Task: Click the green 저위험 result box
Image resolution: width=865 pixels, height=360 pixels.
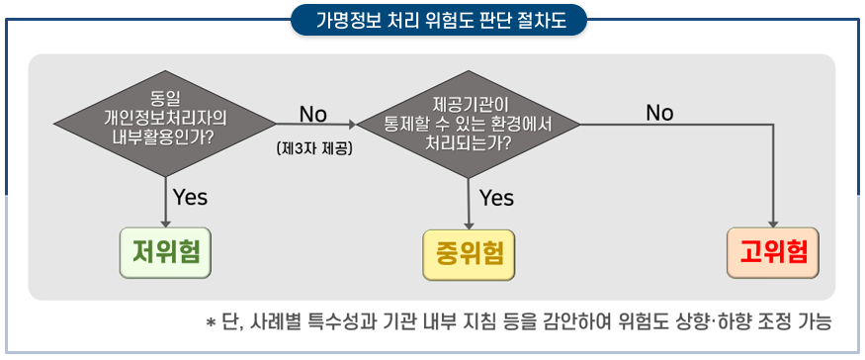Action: point(165,252)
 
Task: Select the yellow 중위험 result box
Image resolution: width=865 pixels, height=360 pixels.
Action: point(469,254)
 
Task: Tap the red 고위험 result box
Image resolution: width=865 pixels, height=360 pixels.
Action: point(773,252)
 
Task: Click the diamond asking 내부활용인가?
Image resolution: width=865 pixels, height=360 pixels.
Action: point(165,124)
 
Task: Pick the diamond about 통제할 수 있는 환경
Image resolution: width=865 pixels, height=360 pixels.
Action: point(469,125)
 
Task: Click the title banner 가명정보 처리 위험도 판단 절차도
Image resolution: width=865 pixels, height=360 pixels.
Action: point(439,20)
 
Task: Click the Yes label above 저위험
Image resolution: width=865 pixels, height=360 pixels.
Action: point(191,197)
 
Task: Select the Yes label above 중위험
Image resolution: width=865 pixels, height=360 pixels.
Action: point(496,198)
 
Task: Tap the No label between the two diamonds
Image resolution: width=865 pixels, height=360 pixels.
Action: point(313,115)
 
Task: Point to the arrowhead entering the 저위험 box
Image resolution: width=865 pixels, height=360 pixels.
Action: point(165,224)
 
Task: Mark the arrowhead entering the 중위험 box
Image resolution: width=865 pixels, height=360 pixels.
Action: point(469,225)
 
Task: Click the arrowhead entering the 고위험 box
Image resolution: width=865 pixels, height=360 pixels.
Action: point(773,224)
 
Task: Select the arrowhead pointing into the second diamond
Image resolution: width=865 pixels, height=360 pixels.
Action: point(354,125)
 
